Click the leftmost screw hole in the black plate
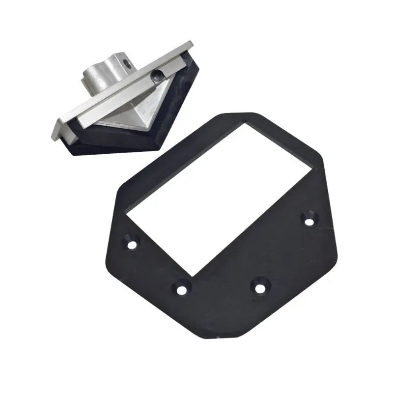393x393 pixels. [132, 244]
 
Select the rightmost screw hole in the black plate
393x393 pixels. [309, 221]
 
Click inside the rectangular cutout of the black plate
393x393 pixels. [216, 196]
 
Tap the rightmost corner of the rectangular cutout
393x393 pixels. [312, 169]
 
